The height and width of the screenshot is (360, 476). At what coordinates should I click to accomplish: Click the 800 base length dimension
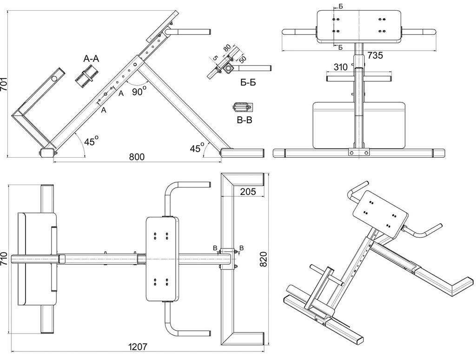pos(137,156)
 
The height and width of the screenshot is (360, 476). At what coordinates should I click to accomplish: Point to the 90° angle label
pos(139,91)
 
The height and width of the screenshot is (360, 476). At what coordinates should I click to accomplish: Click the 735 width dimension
pos(375,55)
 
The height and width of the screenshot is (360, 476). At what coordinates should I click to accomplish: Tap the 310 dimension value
pos(340,67)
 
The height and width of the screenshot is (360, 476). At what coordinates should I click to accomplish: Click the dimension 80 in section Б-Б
pos(227,48)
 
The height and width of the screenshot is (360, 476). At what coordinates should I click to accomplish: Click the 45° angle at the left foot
pos(91,140)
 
